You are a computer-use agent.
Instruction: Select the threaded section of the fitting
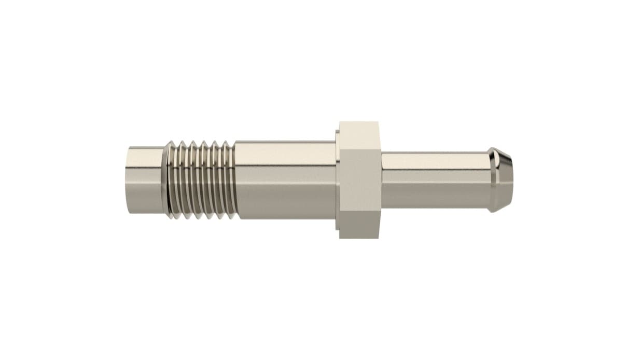pyautogui.click(x=200, y=179)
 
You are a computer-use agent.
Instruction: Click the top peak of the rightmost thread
pyautogui.click(x=226, y=142)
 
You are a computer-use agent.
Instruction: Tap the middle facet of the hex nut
pyautogui.click(x=359, y=179)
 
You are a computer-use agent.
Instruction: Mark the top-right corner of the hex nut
pyautogui.click(x=380, y=123)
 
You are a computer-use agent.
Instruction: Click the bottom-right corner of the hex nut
pyautogui.click(x=380, y=238)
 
